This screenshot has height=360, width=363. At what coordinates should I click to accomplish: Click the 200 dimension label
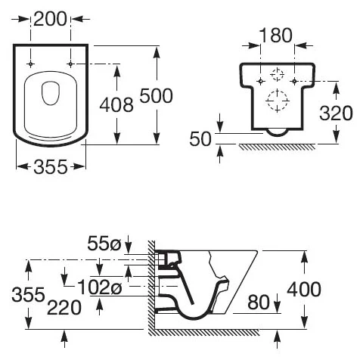[x=50, y=19]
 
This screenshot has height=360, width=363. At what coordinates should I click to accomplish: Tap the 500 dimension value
[x=157, y=96]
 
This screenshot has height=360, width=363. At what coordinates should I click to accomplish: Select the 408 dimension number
[x=116, y=105]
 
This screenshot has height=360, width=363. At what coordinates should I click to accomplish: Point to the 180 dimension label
[x=276, y=36]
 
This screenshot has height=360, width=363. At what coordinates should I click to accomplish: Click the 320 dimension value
[x=336, y=113]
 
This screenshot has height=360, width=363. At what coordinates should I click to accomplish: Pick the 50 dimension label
[x=200, y=139]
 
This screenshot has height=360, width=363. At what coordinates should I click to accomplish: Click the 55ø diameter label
[x=104, y=244]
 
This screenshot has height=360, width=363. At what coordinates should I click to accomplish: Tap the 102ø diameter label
[x=100, y=287]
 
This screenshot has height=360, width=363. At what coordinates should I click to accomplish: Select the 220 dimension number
[x=64, y=308]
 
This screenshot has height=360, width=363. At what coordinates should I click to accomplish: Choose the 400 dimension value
[x=304, y=290]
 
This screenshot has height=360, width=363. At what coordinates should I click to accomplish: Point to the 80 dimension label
[x=259, y=303]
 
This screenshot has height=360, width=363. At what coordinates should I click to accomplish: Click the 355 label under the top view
[x=51, y=167]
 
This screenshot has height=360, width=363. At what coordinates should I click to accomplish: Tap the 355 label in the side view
[x=28, y=294]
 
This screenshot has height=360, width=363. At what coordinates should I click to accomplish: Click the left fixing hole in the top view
[x=30, y=64]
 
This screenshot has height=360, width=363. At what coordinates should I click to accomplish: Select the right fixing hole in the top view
[x=70, y=64]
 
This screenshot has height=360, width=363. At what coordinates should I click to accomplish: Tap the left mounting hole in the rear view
[x=261, y=81]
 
